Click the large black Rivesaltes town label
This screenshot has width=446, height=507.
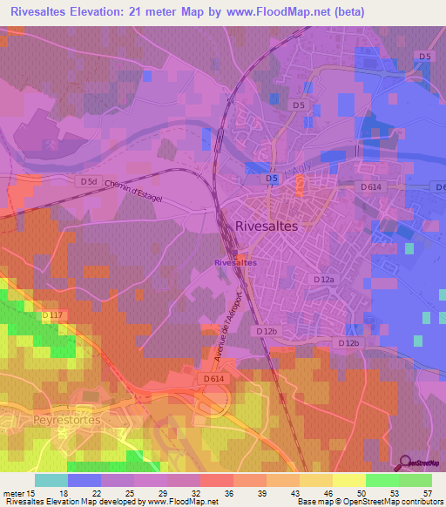click(x=267, y=225)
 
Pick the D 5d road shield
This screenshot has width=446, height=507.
click(x=88, y=181)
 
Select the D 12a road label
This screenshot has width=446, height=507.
click(x=323, y=279)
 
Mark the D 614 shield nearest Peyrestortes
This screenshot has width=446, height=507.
click(x=213, y=379)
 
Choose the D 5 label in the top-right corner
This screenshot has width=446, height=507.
click(x=424, y=57)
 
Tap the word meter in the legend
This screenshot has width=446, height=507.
click(x=15, y=493)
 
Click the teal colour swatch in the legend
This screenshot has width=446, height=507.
click(x=51, y=480)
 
